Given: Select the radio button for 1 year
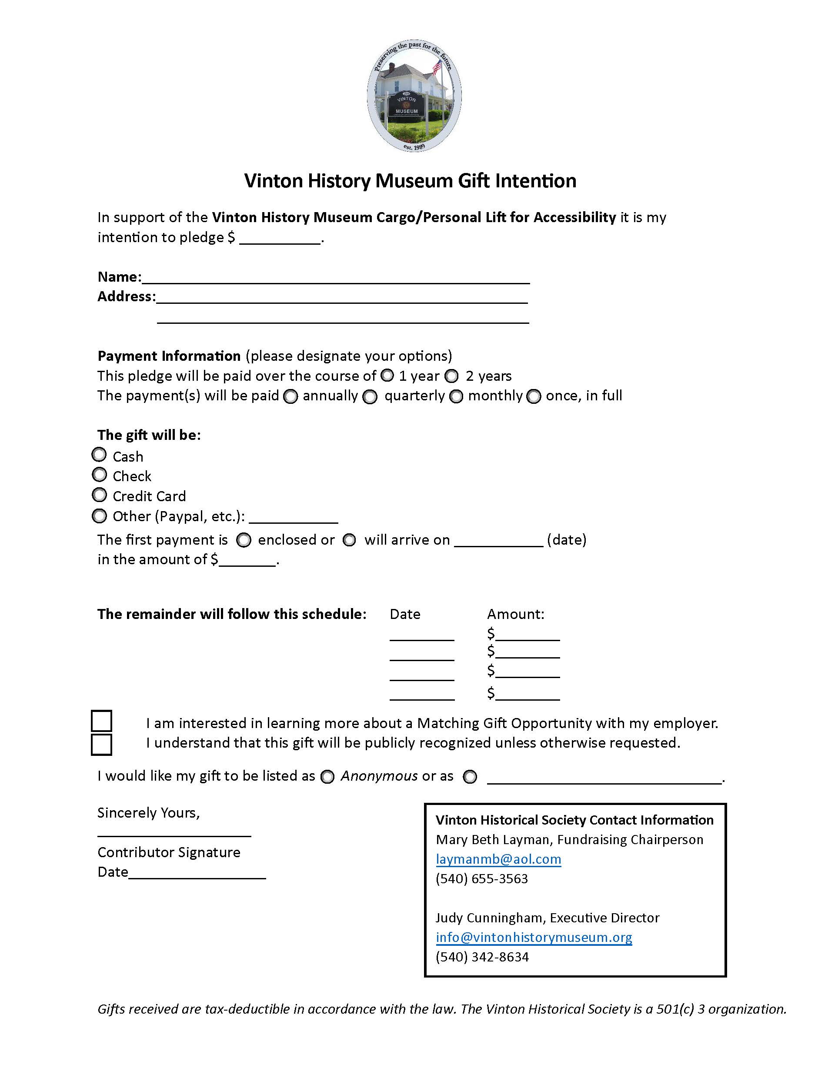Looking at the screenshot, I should (x=387, y=375).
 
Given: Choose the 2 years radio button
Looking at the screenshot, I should (x=451, y=376).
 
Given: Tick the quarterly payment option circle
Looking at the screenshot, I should (x=370, y=396).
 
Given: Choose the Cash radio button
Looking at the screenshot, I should (x=99, y=455).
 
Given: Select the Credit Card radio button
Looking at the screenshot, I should (x=99, y=495).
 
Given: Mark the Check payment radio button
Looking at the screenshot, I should (x=99, y=475).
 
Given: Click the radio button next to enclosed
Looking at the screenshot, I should (x=244, y=540).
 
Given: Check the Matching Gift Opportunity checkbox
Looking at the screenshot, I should (x=101, y=721).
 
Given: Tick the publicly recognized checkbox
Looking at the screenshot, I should (x=101, y=745).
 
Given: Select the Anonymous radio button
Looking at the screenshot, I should (x=327, y=777).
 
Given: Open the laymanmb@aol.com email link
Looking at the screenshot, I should (x=498, y=859).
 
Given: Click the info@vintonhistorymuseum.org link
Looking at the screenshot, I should (x=534, y=938).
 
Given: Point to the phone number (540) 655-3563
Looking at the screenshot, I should (x=482, y=878).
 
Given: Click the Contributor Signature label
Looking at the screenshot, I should (x=169, y=852).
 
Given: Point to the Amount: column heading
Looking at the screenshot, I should (x=515, y=615).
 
